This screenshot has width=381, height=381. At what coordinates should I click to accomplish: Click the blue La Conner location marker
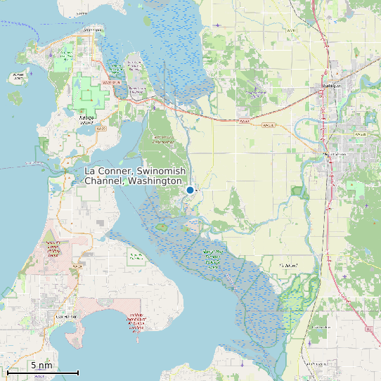190,190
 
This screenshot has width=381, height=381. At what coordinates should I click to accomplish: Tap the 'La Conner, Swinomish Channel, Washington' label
134,176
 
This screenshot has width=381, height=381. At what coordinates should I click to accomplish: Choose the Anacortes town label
91,30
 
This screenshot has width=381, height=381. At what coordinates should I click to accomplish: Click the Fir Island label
287,265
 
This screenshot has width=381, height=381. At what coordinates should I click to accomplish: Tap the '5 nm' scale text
41,366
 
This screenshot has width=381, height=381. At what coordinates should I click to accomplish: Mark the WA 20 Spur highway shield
108,82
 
